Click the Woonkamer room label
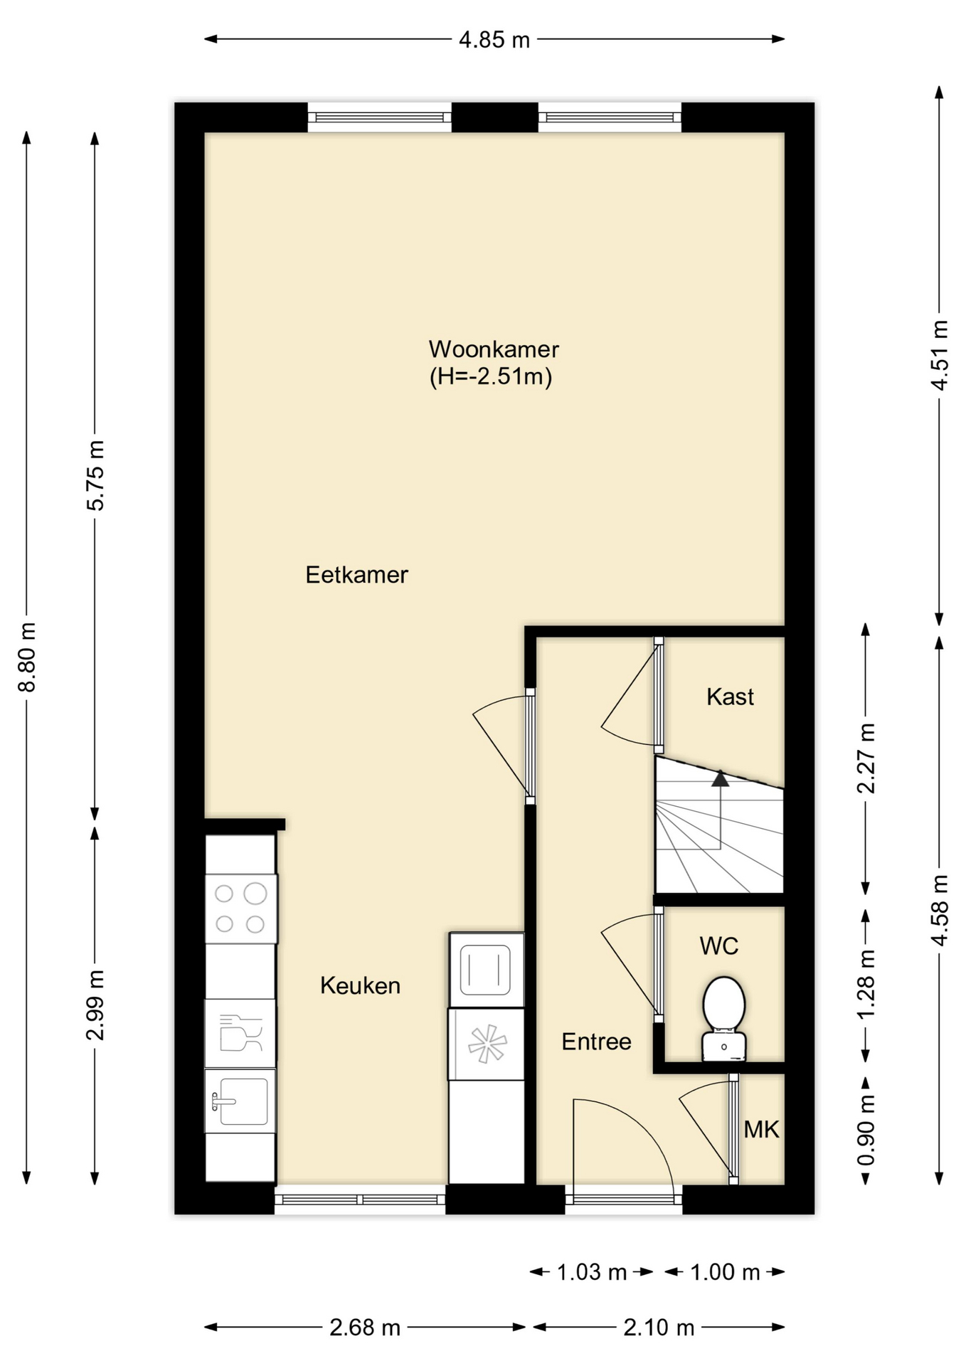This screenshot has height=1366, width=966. (x=494, y=349)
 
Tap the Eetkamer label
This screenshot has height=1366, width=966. (x=356, y=575)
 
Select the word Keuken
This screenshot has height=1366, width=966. (x=360, y=985)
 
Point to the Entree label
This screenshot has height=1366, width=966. (x=596, y=1042)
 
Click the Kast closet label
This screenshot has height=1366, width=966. (x=730, y=697)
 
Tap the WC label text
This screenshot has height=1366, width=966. (x=718, y=946)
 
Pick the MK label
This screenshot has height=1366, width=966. (x=761, y=1129)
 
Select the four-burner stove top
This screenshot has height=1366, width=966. (x=241, y=909)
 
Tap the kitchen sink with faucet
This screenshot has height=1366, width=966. (x=240, y=1101)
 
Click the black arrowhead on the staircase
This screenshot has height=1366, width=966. (x=721, y=778)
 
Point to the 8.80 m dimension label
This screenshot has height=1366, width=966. (x=27, y=657)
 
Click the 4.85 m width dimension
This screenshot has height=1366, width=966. (x=494, y=40)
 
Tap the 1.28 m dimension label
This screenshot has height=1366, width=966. (x=866, y=985)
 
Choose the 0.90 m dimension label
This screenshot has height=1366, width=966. (x=866, y=1131)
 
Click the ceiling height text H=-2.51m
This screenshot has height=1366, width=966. (x=491, y=376)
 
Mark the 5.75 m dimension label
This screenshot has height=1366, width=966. (x=95, y=475)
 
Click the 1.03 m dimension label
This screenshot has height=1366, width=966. (x=592, y=1272)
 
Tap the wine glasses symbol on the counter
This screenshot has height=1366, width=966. (x=240, y=1032)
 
